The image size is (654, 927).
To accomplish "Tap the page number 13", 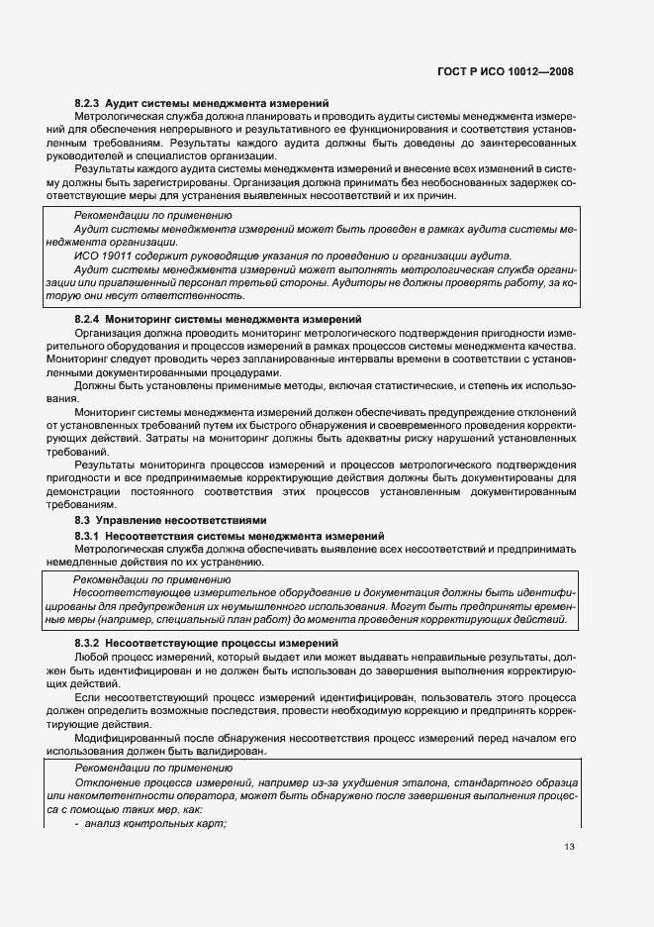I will [568, 846].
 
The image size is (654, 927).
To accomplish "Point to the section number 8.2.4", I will [89, 319].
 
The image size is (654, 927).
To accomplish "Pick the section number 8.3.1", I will [89, 535].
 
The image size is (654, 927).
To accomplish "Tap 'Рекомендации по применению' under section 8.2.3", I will [152, 215].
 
